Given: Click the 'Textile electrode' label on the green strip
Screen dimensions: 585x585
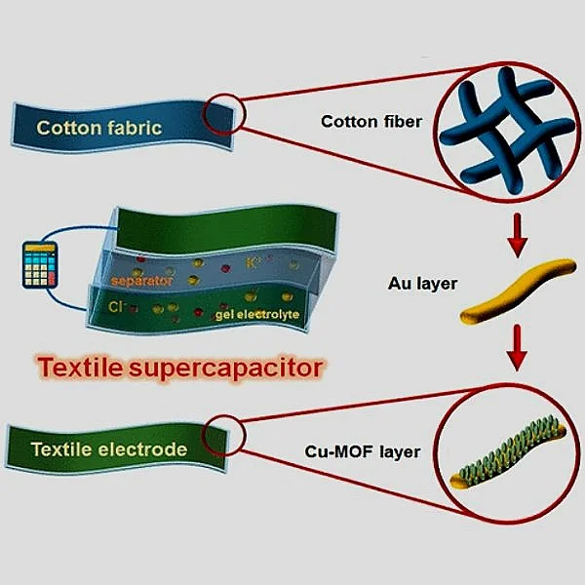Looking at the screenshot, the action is click(x=108, y=449).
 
